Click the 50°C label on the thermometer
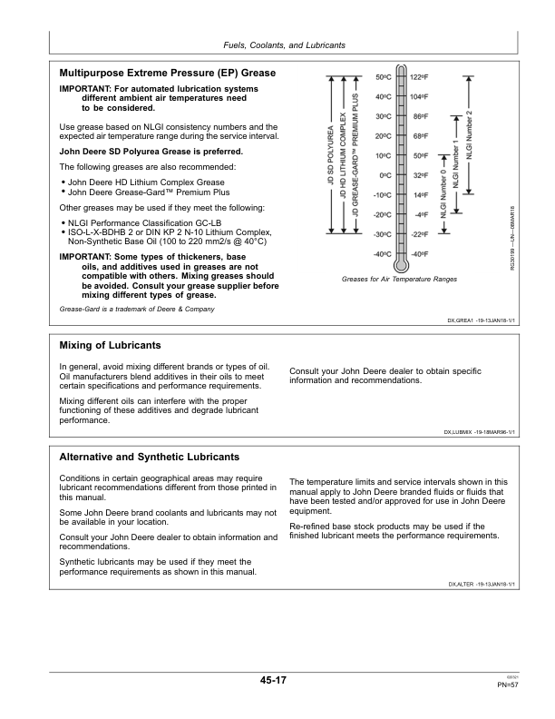click(x=383, y=76)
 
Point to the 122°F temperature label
click(x=419, y=76)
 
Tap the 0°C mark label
click(x=385, y=175)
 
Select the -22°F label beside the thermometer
click(x=419, y=234)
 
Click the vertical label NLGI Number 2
click(x=469, y=133)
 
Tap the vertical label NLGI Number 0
click(x=443, y=194)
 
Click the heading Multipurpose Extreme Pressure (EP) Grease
click(x=167, y=72)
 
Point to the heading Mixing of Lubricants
click(x=110, y=346)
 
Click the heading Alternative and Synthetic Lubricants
click(x=149, y=457)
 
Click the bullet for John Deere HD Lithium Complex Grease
click(x=62, y=182)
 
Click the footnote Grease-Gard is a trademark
click(x=136, y=310)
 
